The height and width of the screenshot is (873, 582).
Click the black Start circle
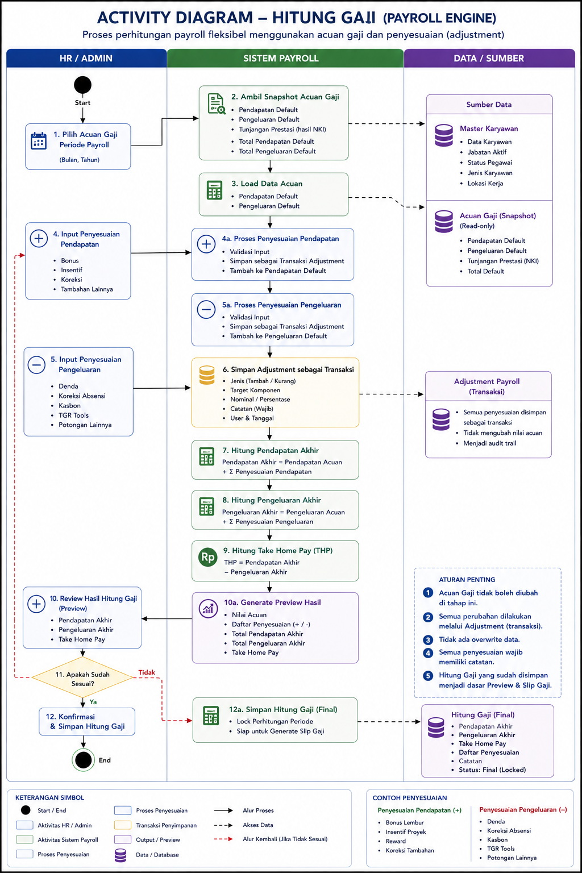click(x=82, y=85)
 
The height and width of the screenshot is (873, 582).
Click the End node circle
click(x=83, y=759)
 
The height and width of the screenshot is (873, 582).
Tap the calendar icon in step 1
click(x=39, y=141)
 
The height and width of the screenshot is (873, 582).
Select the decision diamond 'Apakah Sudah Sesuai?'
click(x=82, y=678)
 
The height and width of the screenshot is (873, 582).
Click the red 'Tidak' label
click(x=147, y=672)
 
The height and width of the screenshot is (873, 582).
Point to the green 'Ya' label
click(x=93, y=702)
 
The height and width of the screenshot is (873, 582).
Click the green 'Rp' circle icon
click(x=208, y=558)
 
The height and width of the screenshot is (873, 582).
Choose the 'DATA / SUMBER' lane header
click(x=489, y=58)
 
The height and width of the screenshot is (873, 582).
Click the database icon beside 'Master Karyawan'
click(x=444, y=135)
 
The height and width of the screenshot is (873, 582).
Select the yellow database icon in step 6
click(x=207, y=375)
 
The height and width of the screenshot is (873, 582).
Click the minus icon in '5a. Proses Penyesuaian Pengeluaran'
click(x=206, y=310)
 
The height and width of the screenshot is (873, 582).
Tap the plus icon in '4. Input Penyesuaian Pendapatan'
click(x=39, y=238)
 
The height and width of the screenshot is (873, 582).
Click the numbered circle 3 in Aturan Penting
click(x=428, y=639)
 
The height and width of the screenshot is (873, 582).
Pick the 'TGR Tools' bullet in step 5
click(x=73, y=415)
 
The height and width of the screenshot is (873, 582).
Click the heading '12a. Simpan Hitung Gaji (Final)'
click(x=283, y=709)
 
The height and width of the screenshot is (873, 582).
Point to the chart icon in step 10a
click(x=208, y=608)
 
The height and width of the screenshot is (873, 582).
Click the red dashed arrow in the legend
click(x=223, y=839)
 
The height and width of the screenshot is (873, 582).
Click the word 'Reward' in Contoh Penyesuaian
click(x=396, y=841)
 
